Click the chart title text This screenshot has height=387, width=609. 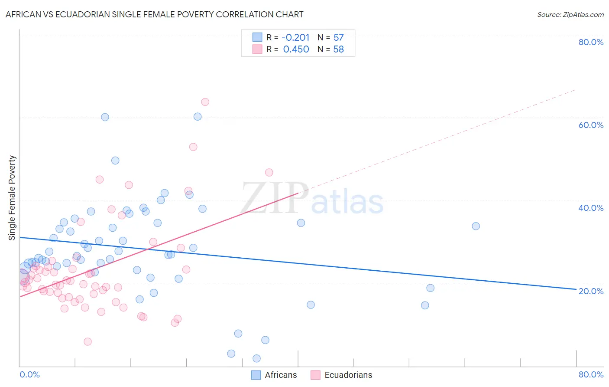[154, 14]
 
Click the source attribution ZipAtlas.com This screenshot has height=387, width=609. [570, 14]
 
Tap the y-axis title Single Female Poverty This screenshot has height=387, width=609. [12, 198]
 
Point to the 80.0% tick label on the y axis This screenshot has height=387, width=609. [591, 42]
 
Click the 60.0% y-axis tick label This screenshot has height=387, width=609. [591, 125]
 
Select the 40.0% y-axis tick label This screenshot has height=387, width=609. [591, 208]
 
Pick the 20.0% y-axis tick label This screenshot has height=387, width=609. [591, 291]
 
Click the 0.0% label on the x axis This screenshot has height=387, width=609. [29, 374]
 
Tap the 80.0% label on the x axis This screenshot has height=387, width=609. [591, 374]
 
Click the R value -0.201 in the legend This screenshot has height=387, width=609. [295, 38]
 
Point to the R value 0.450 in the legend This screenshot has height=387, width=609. [296, 49]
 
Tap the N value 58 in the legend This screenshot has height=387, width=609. [338, 49]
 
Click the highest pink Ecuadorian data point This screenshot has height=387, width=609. [205, 102]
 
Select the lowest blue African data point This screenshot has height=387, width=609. [256, 358]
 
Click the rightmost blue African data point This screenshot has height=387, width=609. [476, 226]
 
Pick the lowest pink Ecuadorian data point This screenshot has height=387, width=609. [87, 342]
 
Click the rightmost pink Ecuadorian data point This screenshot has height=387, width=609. [269, 172]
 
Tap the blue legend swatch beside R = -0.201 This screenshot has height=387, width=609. [257, 37]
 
